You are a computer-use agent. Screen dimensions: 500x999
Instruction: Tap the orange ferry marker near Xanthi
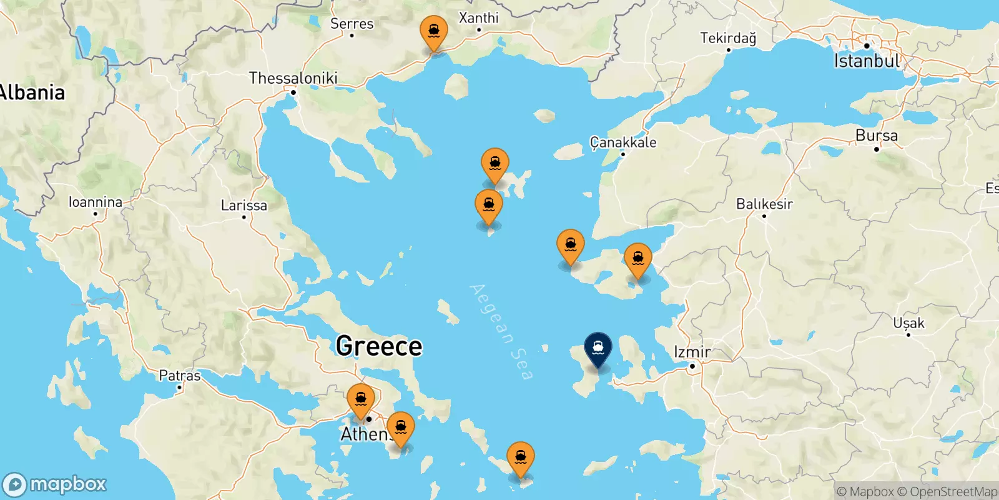(x=433, y=32)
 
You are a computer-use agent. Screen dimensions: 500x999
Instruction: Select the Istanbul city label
(x=867, y=61)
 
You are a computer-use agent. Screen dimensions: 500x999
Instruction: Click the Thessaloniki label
(x=293, y=78)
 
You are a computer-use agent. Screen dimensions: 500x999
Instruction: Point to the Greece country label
(x=379, y=346)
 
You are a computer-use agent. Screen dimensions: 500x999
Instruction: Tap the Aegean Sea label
(x=501, y=331)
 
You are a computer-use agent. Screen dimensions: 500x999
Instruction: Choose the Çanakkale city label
(x=623, y=142)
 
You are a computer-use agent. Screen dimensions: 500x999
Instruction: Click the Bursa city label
(x=877, y=136)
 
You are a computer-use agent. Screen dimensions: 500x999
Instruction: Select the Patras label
(x=180, y=376)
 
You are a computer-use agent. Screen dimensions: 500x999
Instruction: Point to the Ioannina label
(x=96, y=202)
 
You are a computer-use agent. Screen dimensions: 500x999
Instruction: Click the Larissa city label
(x=244, y=205)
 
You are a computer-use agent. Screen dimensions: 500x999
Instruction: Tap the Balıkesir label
(x=764, y=204)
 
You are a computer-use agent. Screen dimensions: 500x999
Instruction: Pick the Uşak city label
(x=908, y=323)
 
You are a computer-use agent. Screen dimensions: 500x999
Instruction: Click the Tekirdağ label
(x=728, y=38)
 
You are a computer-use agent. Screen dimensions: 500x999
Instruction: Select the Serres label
(x=352, y=24)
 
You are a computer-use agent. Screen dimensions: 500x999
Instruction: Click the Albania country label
(x=32, y=92)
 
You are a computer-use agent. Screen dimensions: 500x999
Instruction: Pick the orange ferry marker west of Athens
(x=361, y=399)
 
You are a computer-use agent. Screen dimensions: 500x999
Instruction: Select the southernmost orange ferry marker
(x=520, y=458)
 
